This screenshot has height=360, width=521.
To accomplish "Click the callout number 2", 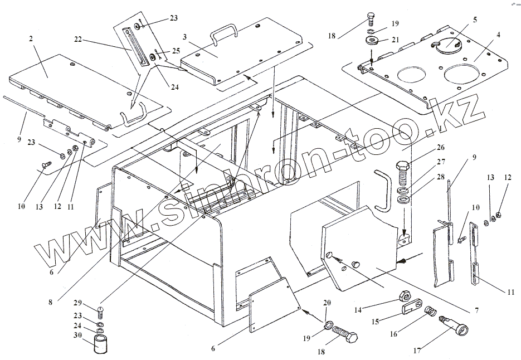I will pos(31,40).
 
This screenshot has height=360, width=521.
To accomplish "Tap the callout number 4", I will pos(498,35).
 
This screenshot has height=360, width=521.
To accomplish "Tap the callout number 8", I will pos(50,303).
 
